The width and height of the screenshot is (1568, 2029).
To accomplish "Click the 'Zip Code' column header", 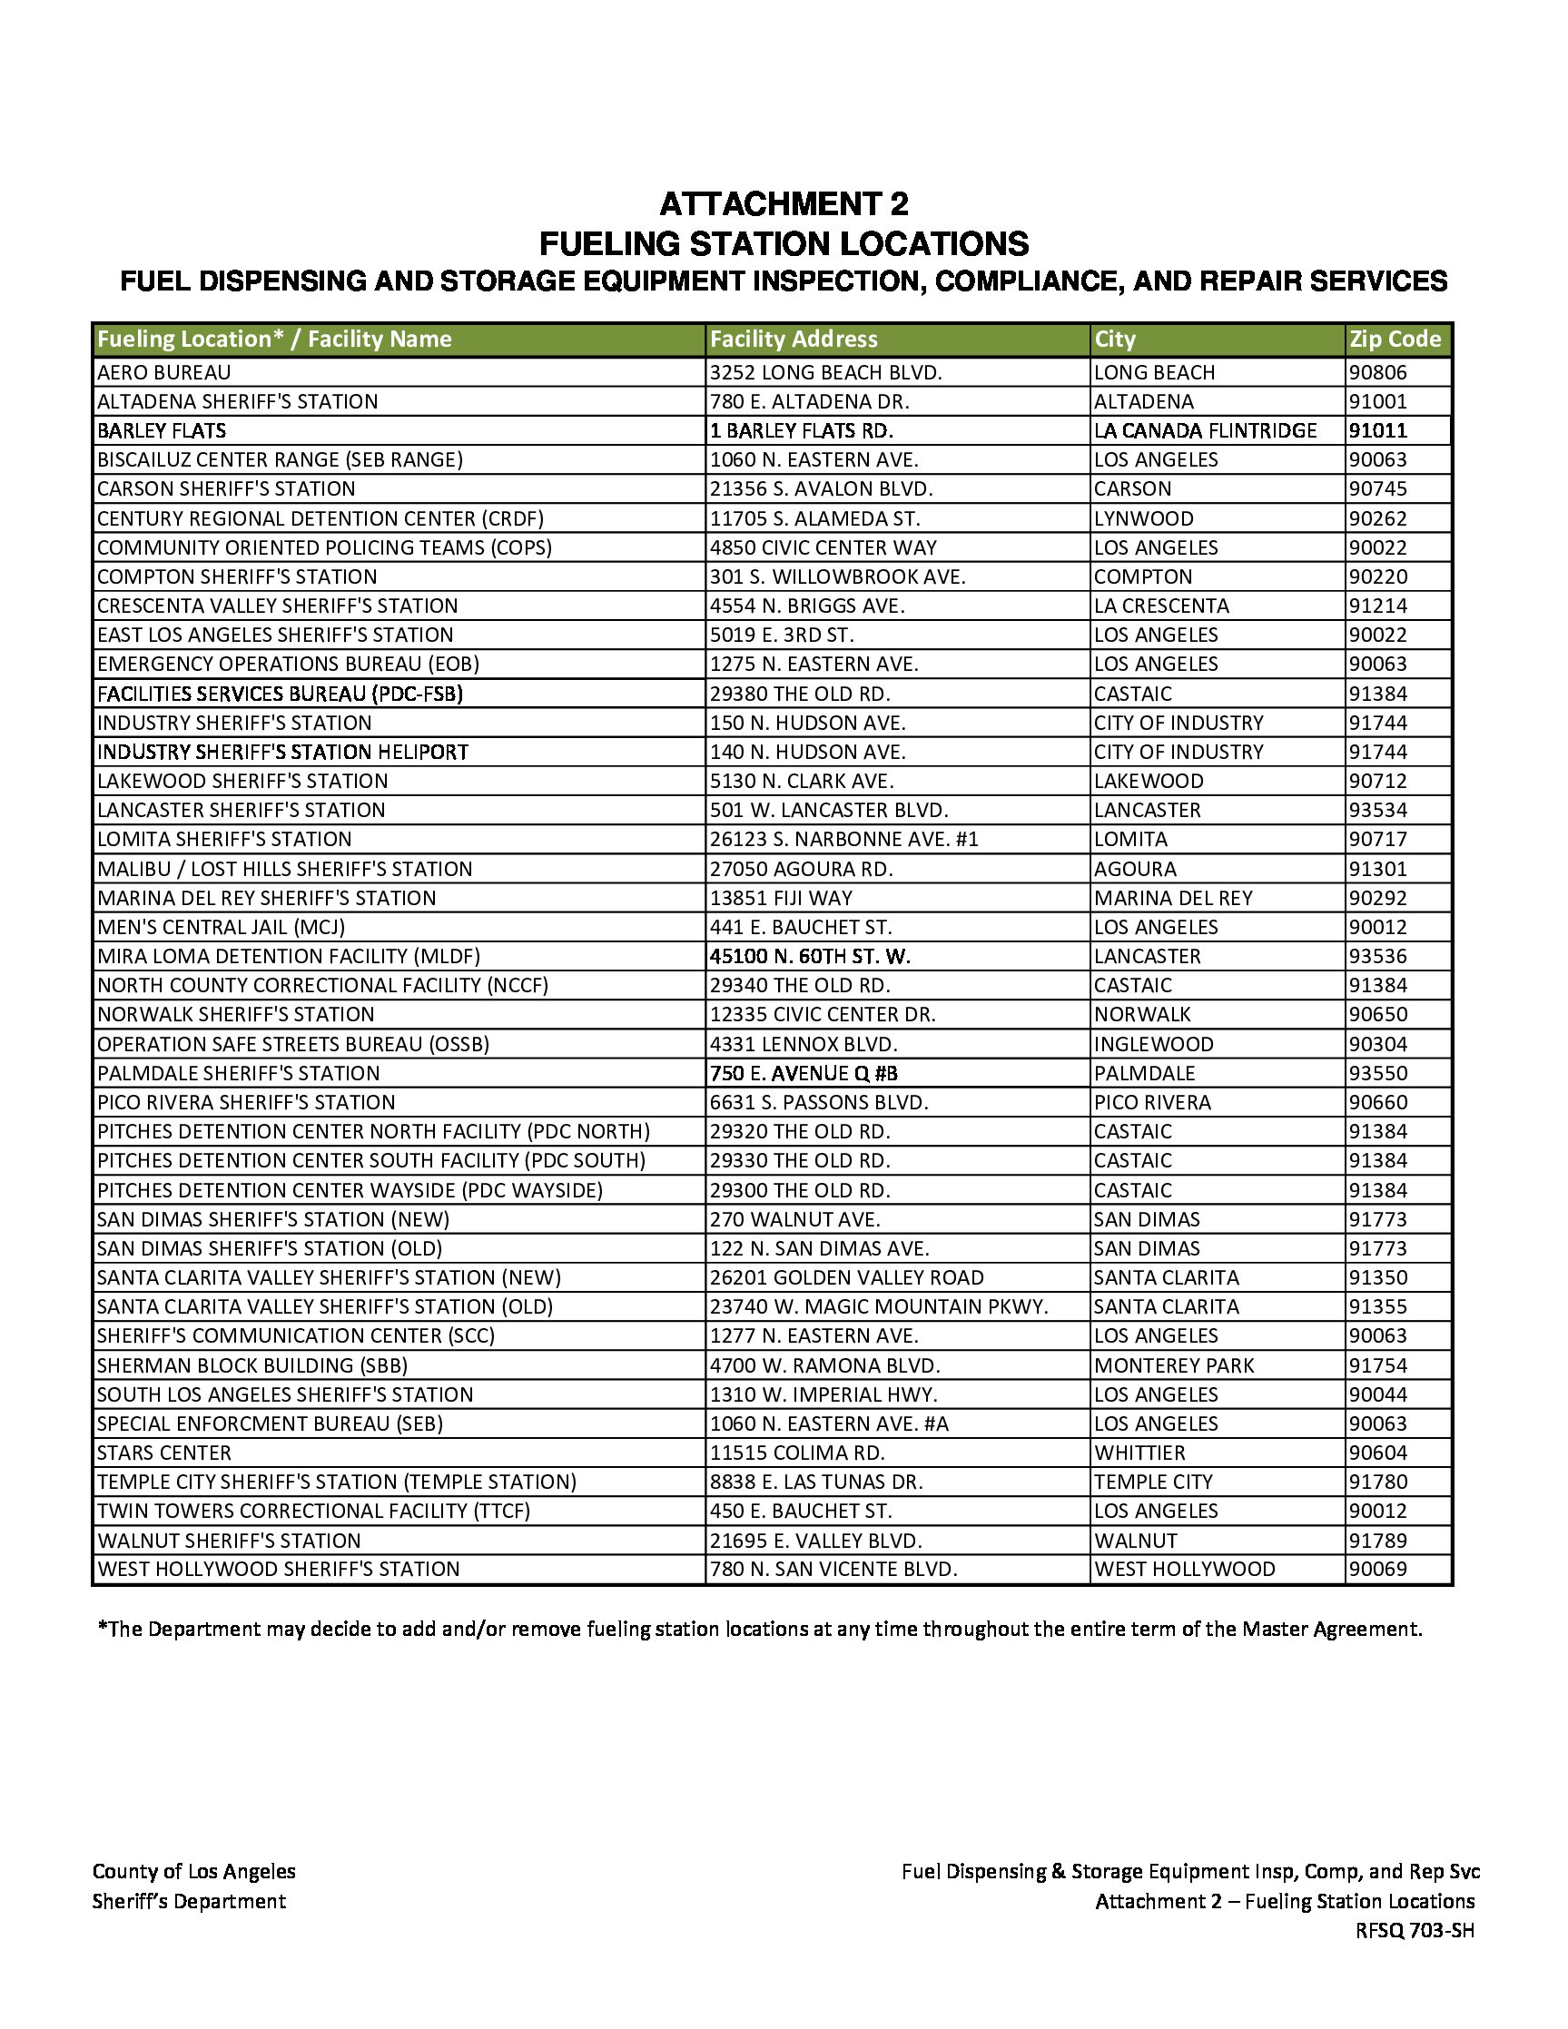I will (x=1395, y=340).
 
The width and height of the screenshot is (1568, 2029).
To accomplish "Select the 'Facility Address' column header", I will (x=794, y=340).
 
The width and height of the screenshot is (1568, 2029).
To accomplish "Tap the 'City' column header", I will (x=1115, y=340).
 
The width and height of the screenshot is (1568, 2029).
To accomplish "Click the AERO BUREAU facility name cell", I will (x=164, y=372).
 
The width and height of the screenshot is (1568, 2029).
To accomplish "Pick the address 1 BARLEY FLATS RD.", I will (x=801, y=431).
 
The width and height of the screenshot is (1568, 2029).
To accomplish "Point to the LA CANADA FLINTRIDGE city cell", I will (x=1205, y=431).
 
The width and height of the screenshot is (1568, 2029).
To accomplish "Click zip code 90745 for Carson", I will (x=1377, y=488).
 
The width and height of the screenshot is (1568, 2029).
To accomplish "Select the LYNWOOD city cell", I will (x=1143, y=518).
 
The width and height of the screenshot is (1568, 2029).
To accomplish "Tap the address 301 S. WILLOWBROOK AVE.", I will (x=838, y=577).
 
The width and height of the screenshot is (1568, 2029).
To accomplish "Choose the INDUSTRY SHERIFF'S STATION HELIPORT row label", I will (x=282, y=752).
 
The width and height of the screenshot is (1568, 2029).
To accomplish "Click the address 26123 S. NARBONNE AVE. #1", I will (x=843, y=840).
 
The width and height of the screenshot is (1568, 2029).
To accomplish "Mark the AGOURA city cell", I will (x=1134, y=870).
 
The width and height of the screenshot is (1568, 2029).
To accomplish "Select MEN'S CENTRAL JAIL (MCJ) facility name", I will (x=221, y=927).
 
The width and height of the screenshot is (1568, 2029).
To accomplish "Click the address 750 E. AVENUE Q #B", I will (x=804, y=1074).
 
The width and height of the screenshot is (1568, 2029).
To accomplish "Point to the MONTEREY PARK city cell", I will (x=1173, y=1365).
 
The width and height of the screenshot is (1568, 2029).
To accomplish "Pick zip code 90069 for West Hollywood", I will (x=1377, y=1569).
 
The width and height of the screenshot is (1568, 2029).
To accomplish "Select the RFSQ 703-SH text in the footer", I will (x=1414, y=1931).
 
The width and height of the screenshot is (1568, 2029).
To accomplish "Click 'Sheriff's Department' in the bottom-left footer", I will (x=189, y=1901).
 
